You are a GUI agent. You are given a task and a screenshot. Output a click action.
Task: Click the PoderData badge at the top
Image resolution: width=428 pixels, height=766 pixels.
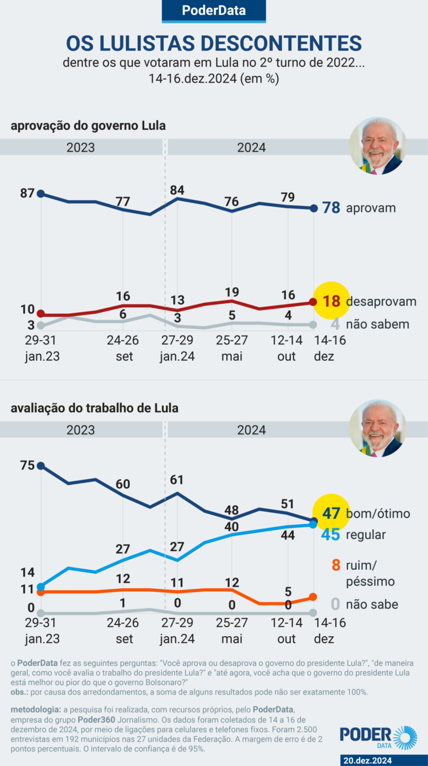tap(214, 11)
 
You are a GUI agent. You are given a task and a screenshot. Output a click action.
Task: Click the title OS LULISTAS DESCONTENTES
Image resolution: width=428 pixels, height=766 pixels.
tap(214, 42)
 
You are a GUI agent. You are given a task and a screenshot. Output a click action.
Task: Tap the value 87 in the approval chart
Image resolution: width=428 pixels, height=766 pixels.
tap(27, 193)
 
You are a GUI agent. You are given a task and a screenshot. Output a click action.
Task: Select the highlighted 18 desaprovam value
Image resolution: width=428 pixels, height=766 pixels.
tap(332, 302)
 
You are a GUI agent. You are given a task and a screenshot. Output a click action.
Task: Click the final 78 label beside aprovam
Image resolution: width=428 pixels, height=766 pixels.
tap(332, 208)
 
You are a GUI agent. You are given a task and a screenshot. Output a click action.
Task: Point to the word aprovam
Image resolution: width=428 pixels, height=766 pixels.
tap(371, 208)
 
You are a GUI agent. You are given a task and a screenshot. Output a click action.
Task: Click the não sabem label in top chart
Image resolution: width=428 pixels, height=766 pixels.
tap(378, 324)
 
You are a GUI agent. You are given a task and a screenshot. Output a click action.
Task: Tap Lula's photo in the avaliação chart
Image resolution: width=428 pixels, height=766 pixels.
tap(378, 428)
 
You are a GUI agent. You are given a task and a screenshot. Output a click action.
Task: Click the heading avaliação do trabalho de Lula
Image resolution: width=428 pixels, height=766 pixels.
tap(94, 408)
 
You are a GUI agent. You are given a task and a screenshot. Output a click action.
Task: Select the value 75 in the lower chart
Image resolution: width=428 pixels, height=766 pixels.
tap(27, 466)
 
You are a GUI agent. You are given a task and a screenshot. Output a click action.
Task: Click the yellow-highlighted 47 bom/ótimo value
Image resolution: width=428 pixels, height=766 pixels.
tap(332, 513)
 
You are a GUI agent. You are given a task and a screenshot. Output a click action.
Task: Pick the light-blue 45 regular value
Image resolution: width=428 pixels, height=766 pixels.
tap(331, 534)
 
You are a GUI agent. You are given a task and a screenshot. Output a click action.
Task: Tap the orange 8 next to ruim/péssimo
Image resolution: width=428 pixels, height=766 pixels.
tap(335, 565)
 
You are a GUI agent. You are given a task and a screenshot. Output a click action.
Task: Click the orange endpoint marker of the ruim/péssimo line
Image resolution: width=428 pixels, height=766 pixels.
tap(313, 597)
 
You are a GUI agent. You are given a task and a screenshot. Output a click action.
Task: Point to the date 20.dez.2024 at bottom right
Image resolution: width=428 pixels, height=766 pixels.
tap(367, 760)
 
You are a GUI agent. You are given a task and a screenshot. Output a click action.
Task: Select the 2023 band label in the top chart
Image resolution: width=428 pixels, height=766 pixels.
tap(81, 148)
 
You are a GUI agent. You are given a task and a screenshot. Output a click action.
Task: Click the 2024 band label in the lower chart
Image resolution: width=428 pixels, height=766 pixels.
tap(252, 430)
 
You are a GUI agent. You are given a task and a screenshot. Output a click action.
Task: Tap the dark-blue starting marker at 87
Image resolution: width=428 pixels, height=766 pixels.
tap(40, 193)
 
